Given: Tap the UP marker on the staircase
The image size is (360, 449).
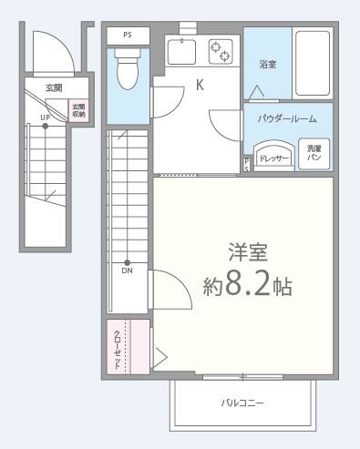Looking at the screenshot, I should coord(44,117).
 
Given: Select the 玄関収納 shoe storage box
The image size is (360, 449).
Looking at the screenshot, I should coord(78,110).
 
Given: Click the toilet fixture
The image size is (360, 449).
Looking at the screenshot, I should coord(128,67).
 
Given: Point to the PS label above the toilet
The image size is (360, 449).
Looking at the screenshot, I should coord(127,35).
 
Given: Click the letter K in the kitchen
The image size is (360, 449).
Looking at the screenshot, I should coord(199,86).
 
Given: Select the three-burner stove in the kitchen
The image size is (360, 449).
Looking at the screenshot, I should coord(221,53).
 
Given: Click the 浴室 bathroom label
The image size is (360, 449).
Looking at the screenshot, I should coord(267,65).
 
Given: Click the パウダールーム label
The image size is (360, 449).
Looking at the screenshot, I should coord(287,117).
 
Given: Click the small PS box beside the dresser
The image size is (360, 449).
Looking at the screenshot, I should coord(247,164).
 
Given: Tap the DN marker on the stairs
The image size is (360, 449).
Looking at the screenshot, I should coord(127,270).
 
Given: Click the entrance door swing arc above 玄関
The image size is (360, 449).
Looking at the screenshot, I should coord(50,55).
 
